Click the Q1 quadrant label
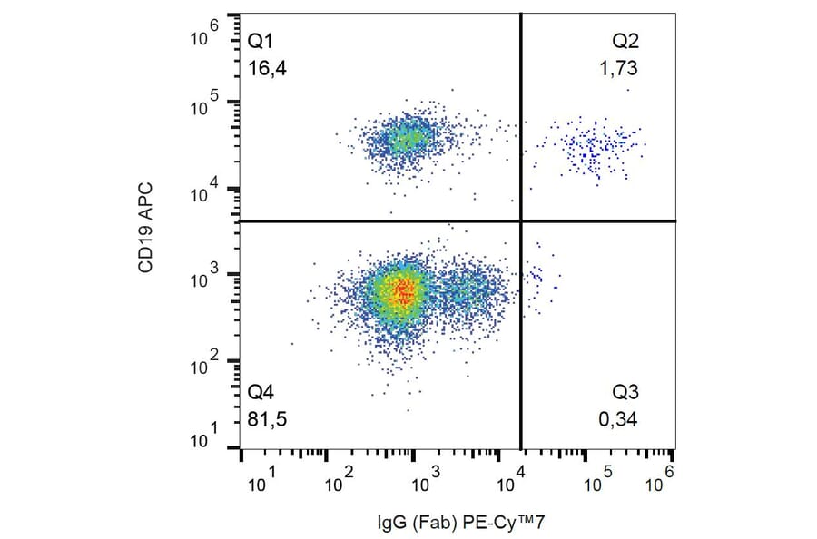(x=261, y=41)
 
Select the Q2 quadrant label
(x=626, y=41)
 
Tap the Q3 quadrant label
(x=626, y=392)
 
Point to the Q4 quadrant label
(x=261, y=392)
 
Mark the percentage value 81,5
(x=265, y=419)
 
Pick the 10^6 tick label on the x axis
(x=663, y=478)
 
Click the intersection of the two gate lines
(x=521, y=220)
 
